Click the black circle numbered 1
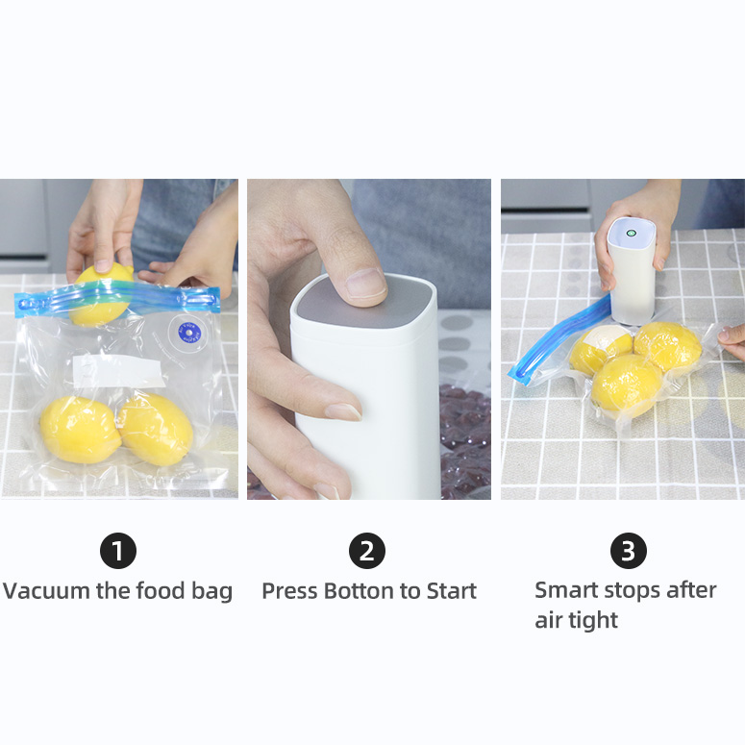coord(118,551)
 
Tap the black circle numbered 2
coord(367,551)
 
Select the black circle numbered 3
coord(628,551)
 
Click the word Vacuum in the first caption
coord(46,591)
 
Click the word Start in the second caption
coord(452,591)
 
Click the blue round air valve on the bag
coord(189,333)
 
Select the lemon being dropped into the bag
coord(102,294)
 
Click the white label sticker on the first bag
coord(118,370)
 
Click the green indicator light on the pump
coord(631,233)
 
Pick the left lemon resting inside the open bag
coord(80,430)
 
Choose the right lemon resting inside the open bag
coord(156,430)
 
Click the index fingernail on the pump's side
coord(343,411)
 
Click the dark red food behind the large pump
coord(465,439)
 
